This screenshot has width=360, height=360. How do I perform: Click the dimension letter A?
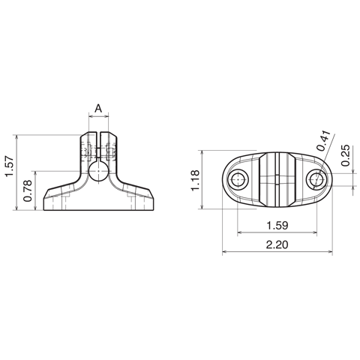99,109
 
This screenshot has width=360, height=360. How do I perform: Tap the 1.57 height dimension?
10,166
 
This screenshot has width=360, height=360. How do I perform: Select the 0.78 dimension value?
27,190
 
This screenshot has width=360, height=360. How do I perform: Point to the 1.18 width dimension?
195,180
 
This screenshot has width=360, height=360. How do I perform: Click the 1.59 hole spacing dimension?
277,226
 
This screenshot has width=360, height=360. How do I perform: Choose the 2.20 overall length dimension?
277,244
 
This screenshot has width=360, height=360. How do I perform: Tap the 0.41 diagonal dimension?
324,140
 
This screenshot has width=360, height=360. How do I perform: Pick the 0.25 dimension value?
346,155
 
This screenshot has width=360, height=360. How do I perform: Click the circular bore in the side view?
99,171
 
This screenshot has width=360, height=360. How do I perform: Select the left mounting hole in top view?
238,179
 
